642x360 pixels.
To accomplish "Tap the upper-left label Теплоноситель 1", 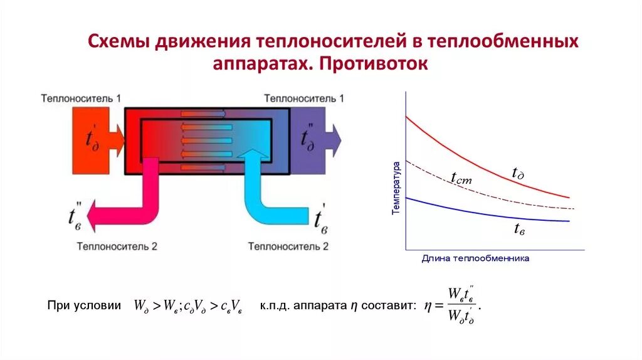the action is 82,98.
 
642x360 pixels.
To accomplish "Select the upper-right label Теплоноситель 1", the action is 304,98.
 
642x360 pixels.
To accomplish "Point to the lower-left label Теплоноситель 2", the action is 117,246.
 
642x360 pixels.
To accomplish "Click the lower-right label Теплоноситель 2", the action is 288,246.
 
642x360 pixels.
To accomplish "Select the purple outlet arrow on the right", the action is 316,139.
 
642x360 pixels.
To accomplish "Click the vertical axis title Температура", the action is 396,188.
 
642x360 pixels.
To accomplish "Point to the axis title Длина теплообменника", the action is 475,258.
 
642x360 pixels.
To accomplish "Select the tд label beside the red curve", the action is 518,174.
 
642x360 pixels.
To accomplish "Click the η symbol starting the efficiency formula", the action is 427,306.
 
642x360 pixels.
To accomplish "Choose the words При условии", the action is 84,306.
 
